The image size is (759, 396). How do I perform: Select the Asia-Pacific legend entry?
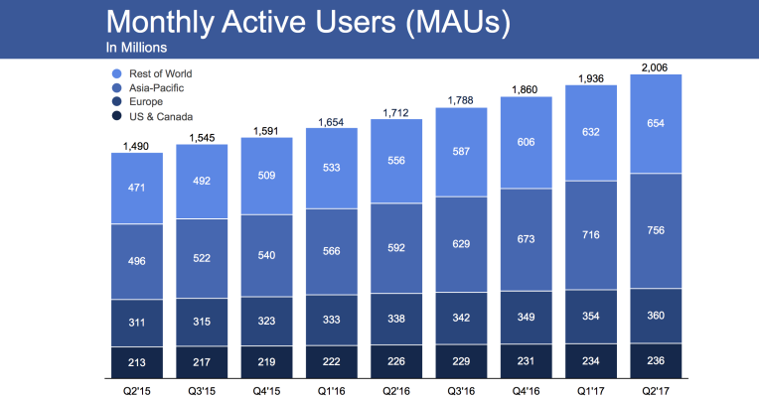point(153,88)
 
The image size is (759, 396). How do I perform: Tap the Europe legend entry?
point(144,102)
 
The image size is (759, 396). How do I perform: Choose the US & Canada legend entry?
point(157,117)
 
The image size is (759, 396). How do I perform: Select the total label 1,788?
point(461,99)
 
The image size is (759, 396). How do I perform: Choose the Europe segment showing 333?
point(332,320)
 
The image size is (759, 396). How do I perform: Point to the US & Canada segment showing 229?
point(461,360)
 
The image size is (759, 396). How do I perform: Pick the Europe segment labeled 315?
point(203,321)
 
